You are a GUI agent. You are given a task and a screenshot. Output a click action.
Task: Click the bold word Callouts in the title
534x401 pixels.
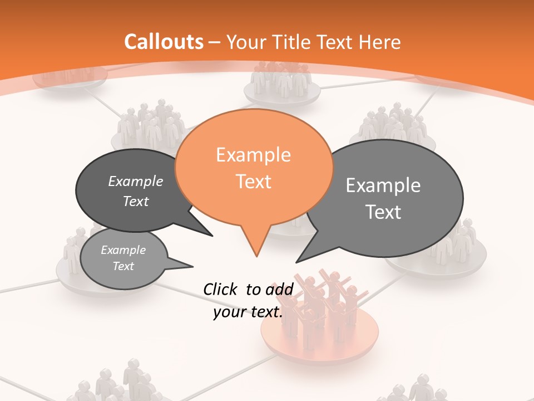tap(164, 42)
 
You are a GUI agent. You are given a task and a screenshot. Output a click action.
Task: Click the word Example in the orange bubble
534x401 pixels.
tap(253, 155)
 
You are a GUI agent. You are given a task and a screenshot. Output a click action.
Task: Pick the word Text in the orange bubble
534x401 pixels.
tap(253, 182)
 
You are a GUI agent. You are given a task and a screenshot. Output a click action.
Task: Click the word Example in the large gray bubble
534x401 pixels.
tap(383, 185)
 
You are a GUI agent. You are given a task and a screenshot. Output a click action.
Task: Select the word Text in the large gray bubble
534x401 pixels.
tap(383, 212)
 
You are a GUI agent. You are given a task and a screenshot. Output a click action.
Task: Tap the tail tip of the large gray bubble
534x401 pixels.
tap(297, 261)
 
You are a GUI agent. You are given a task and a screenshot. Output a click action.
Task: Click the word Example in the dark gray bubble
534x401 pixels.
tap(136, 181)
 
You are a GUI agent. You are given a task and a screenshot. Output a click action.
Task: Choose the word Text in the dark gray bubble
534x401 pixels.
tap(136, 201)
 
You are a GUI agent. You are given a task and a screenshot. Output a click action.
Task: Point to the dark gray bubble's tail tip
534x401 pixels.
tap(212, 236)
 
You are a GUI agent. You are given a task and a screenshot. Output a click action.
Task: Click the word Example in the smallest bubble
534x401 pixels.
tap(123, 250)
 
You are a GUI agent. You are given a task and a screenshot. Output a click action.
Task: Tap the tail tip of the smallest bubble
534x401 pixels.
tap(192, 266)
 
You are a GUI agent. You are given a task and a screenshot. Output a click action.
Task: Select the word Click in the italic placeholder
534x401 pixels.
tap(221, 289)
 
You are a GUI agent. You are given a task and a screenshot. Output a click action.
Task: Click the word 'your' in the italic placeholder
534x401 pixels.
tap(230, 312)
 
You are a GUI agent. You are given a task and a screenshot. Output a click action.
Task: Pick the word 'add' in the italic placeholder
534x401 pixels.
tap(279, 289)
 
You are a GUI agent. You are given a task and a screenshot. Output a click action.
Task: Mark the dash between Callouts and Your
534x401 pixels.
tap(214, 42)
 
